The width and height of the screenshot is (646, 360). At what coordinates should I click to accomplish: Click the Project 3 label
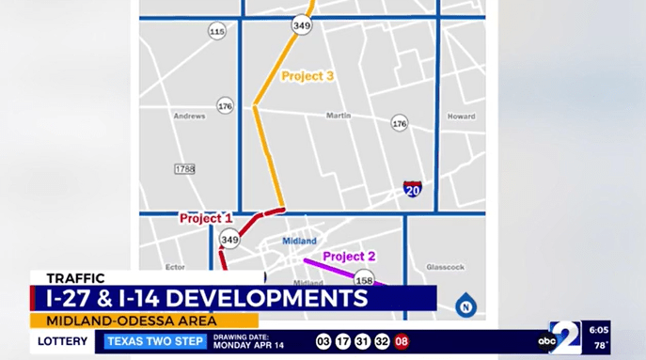point(307,75)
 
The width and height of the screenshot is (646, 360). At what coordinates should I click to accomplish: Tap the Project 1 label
point(206,219)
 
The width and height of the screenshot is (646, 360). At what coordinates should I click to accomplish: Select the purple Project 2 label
point(349,256)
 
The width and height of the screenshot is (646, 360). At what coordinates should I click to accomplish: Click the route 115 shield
point(217,32)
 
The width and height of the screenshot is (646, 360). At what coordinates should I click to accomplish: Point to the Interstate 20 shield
point(412,189)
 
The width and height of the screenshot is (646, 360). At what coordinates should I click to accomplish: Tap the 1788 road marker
point(184,168)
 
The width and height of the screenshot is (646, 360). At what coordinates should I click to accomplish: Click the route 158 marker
point(364,279)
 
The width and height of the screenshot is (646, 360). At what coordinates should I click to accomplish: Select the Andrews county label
point(189,117)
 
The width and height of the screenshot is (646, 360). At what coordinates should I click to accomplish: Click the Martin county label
point(338,117)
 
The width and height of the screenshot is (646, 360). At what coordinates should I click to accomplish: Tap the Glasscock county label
point(445,267)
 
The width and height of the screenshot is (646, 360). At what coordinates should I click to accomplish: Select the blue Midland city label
point(300,241)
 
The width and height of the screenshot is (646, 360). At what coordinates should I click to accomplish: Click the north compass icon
point(463,305)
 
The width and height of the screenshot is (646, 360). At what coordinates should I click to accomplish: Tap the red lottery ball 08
point(402,341)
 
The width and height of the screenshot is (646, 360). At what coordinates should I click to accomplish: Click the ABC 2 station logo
point(561,338)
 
